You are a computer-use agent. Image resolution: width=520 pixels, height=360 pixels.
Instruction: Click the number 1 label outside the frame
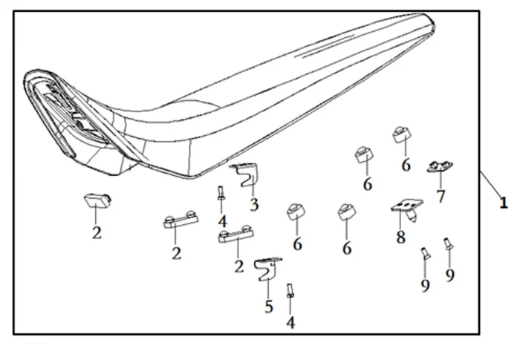pos(504,202)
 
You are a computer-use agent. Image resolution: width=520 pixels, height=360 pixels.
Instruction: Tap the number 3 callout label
pos(254,205)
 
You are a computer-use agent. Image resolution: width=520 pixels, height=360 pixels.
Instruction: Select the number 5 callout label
pos(269,306)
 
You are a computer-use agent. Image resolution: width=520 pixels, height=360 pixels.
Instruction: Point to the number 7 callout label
pos(441,197)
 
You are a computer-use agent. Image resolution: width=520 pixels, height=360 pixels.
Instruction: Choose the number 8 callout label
pos(400,238)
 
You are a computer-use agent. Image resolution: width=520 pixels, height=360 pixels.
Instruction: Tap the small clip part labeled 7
pos(440,168)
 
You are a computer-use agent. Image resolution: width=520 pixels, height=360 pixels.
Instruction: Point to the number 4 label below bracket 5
pos(291,322)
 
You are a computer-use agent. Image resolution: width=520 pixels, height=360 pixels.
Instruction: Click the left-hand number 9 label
pos(425,285)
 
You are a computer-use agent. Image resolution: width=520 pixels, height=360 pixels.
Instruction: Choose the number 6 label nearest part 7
pos(406,165)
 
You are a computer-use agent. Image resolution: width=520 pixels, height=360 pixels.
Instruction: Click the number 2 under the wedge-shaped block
pos(97,233)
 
